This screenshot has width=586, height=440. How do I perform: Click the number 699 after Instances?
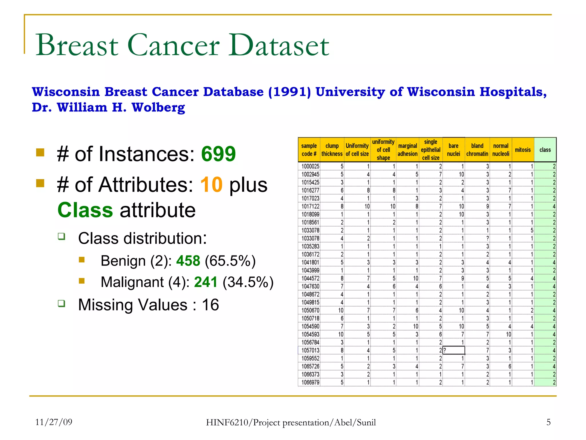click(x=218, y=154)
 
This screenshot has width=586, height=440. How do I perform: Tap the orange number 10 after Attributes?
click(x=211, y=185)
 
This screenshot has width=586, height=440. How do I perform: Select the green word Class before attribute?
click(x=85, y=210)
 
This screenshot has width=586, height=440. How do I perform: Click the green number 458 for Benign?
click(x=188, y=261)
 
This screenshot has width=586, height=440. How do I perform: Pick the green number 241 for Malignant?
click(x=206, y=282)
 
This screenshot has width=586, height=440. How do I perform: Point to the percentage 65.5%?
click(x=230, y=261)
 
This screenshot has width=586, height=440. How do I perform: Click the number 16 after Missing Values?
click(x=210, y=305)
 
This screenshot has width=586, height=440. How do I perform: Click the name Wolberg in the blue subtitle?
click(x=158, y=107)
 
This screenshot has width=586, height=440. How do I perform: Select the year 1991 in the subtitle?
click(x=290, y=92)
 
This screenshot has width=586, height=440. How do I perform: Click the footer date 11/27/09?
click(x=54, y=422)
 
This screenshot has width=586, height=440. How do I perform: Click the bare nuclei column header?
click(x=454, y=150)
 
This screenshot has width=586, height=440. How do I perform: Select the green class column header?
click(x=545, y=150)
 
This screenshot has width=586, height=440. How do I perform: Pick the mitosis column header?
click(x=523, y=150)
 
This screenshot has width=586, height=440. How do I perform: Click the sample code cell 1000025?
click(x=310, y=166)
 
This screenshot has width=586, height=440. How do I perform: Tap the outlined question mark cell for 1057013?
click(x=454, y=350)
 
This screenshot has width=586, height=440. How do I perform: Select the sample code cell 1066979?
click(x=310, y=382)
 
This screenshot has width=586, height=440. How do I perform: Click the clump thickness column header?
click(x=332, y=150)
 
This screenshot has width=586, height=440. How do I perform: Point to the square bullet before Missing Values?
click(x=62, y=303)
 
